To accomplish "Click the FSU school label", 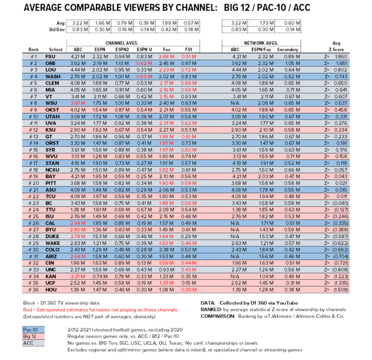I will tap(50, 56).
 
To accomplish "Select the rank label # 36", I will tap(34, 290).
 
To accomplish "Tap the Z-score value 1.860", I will tap(340, 56).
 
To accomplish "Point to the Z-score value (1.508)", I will tap(339, 290).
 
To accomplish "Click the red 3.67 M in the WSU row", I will tap(77, 103).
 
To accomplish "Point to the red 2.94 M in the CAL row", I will tap(77, 223).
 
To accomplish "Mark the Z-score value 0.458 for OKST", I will tap(340, 109).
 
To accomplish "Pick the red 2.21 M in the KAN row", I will tap(77, 277).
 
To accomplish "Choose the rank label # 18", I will tap(34, 170).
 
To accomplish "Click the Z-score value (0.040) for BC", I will tap(339, 204).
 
